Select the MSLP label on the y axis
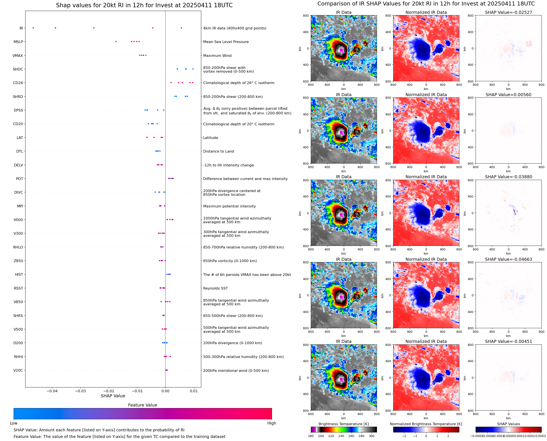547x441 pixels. pos(18,42)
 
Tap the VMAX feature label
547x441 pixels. pos(18,56)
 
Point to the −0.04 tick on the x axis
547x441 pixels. pos(52,391)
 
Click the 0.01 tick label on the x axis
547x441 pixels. pos(194,391)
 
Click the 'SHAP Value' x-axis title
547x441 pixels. pos(113,396)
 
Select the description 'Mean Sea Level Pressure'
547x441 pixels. pos(226,42)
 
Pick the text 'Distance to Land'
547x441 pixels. pos(218,151)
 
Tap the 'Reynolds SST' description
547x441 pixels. pos(215,288)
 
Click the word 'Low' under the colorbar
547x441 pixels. pos(14,423)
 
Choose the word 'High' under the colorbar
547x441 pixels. pos(272,423)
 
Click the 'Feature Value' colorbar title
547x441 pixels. pos(143,405)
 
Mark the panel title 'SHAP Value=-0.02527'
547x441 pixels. pos(508,13)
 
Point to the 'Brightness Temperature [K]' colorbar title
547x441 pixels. pos(343,424)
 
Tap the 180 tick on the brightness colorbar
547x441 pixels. pos(311,436)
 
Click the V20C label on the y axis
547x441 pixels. pos(18,370)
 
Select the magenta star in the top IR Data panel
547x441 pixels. pos(341,50)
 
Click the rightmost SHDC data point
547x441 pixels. pos(193,69)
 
